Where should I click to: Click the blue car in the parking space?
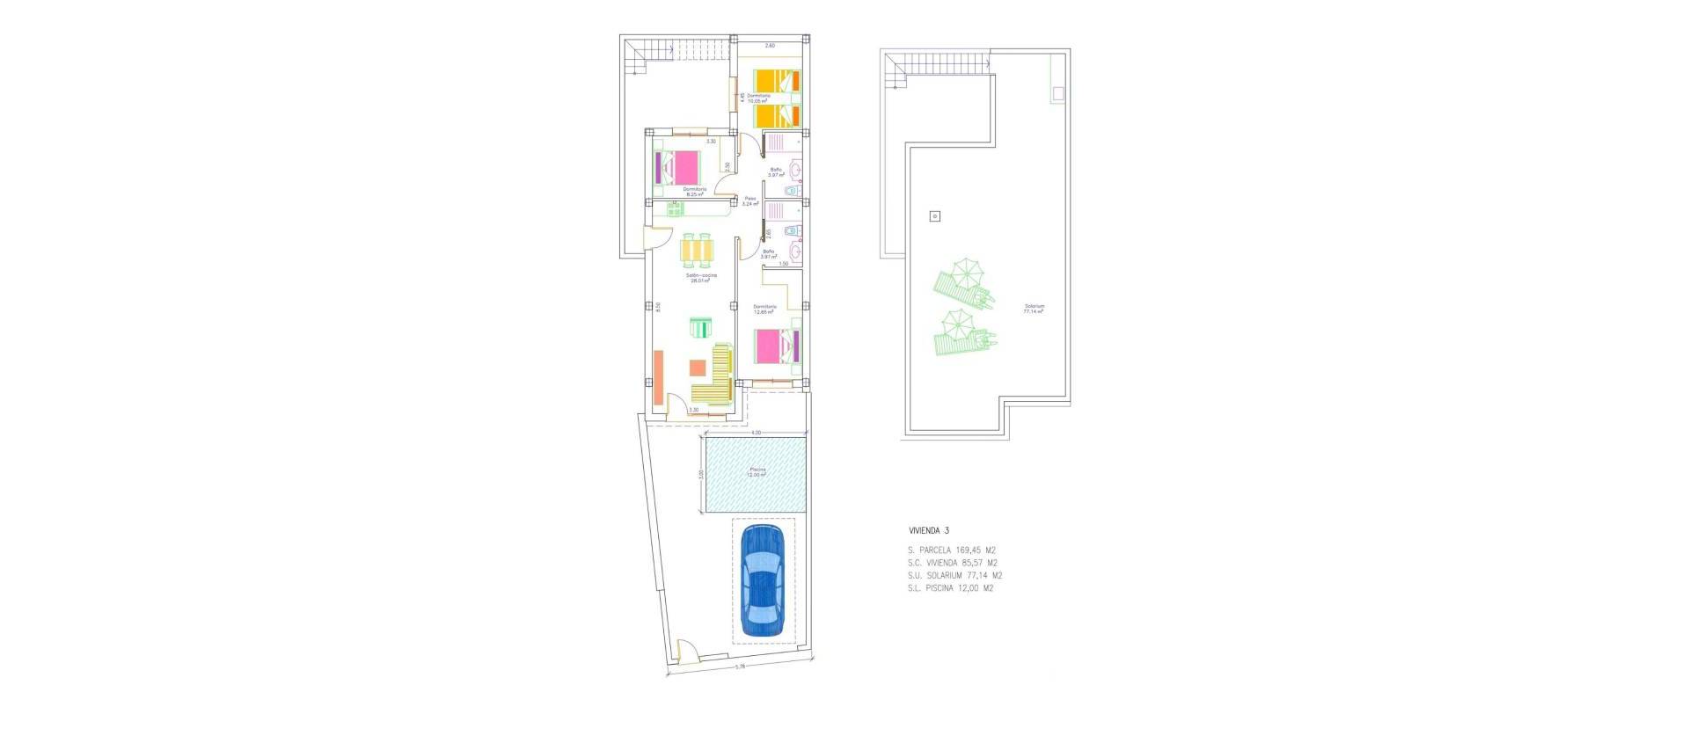coord(763,580)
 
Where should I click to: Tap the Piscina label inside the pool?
coord(757,471)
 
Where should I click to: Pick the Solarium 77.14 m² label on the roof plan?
coord(1034,308)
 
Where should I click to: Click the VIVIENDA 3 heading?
coord(929,531)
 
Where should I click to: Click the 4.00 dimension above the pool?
coord(756,433)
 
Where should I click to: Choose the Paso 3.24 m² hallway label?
coord(750,200)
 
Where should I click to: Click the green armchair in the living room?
coord(699,327)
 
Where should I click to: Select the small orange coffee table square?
coord(698,368)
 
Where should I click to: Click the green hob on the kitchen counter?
coord(675,208)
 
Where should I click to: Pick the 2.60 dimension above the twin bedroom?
coord(770,45)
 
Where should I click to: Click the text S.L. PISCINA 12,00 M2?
coord(950,588)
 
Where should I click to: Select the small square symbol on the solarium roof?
coord(935,215)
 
